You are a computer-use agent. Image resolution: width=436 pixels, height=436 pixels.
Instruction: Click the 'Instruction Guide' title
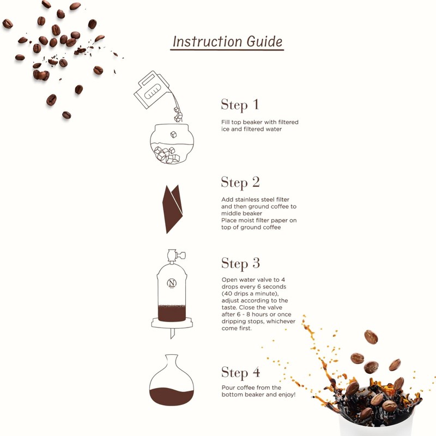click(227, 41)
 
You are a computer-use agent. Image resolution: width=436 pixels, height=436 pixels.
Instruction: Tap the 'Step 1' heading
click(240, 105)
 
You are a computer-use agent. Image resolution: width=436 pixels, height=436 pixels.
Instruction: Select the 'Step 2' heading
click(240, 182)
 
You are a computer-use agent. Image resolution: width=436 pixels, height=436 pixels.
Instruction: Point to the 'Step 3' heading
click(240, 264)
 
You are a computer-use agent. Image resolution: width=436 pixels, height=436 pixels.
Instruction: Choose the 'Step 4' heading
click(240, 373)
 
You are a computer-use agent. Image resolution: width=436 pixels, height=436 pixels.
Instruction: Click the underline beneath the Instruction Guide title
click(227, 51)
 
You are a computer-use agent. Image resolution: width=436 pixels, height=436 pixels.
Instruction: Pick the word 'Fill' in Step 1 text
click(226, 122)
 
